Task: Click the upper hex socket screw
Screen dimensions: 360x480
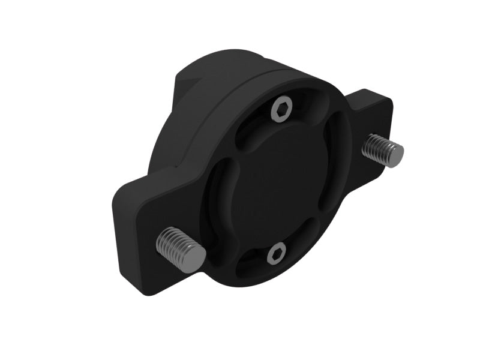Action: [281, 110]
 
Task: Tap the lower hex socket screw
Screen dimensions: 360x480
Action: [275, 256]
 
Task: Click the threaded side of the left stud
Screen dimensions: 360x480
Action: [171, 242]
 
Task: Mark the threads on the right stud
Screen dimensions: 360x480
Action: [376, 147]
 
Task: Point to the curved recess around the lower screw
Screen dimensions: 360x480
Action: [252, 264]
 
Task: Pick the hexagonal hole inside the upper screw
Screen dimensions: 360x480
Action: [281, 110]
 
